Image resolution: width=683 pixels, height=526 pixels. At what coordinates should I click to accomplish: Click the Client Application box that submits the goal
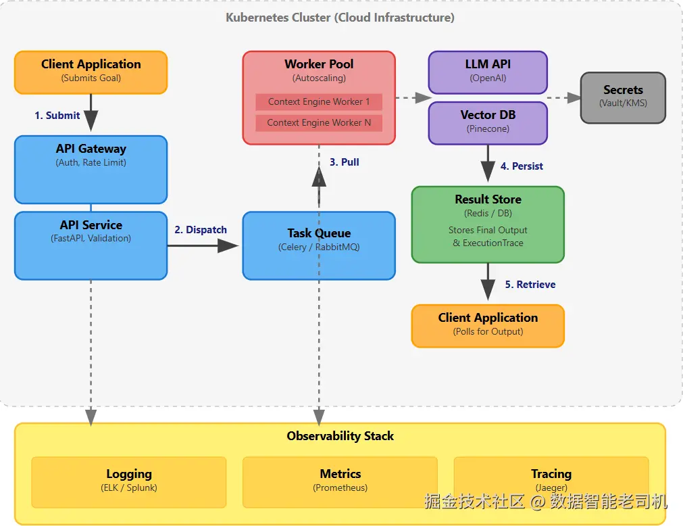pos(91,72)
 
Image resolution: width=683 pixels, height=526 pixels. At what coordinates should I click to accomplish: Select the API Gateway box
pos(91,169)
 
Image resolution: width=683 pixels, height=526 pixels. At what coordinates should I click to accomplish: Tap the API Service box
pos(91,245)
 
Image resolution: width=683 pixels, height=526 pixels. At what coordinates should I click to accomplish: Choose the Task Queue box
pos(318,245)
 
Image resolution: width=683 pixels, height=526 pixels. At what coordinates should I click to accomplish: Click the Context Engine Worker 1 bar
pos(318,102)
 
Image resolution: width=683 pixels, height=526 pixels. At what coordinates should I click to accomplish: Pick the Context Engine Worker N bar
pos(318,123)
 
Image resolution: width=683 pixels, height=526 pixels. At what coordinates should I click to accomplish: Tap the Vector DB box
pos(488,122)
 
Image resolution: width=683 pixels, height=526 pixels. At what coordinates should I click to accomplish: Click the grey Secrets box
pos(623,97)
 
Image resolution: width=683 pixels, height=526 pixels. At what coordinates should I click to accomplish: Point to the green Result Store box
pos(488,224)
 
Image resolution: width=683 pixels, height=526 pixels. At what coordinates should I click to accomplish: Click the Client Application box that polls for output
pos(488,325)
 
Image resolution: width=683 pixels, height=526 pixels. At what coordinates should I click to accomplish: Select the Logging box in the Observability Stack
pos(128,481)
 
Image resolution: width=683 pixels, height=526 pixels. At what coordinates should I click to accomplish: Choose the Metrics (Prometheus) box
pos(340,481)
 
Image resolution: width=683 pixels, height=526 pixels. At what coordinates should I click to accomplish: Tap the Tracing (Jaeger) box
pos(551,481)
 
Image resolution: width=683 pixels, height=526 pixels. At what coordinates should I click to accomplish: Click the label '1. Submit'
pos(57,116)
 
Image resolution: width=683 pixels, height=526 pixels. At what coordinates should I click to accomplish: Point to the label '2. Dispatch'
pos(201,230)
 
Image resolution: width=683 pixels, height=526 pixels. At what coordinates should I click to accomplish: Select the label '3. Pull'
pos(345,162)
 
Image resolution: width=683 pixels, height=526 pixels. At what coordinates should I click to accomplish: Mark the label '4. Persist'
pos(522,166)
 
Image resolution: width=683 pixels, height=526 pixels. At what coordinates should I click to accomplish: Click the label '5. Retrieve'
pos(530,285)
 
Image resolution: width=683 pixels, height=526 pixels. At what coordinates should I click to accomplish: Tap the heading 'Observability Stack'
pos(340,436)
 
